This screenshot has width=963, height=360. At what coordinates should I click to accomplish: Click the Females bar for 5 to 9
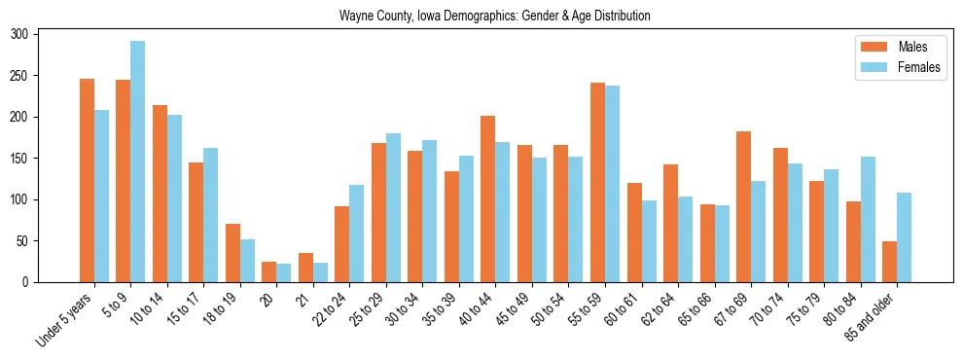click(138, 162)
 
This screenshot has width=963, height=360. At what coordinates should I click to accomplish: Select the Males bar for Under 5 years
click(87, 180)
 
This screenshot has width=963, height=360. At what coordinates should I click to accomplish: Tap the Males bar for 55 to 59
click(597, 182)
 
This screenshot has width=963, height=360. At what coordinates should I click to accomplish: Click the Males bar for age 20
click(269, 271)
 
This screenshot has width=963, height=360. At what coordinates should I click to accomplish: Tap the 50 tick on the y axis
click(29, 240)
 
